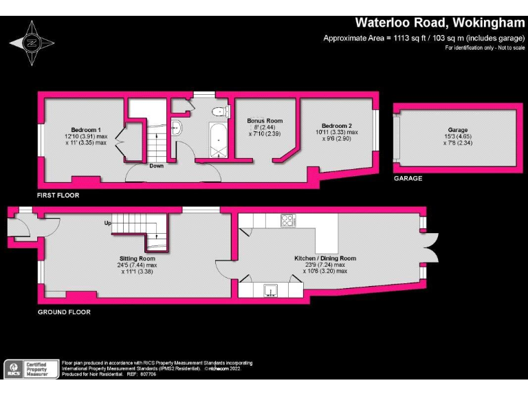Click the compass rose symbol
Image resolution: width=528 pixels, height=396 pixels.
click(x=31, y=42)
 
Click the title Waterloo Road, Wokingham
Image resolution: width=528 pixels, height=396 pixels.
click(x=439, y=23)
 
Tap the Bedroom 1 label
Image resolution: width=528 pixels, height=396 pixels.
click(x=87, y=130)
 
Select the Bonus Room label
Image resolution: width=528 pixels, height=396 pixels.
click(x=265, y=121)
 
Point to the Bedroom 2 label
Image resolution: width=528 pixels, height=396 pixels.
click(x=337, y=126)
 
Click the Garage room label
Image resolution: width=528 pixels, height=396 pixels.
click(x=458, y=130)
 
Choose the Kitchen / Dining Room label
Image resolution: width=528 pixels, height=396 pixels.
click(x=325, y=258)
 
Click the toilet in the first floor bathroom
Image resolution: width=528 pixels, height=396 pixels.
click(x=219, y=111)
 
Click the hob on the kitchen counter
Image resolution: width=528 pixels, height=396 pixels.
click(x=287, y=221)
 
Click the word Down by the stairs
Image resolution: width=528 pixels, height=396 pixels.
click(x=156, y=166)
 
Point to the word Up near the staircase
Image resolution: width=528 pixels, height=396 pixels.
click(x=107, y=223)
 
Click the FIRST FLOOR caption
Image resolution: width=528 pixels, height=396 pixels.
click(x=58, y=195)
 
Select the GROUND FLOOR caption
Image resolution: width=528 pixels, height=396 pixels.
click(x=63, y=312)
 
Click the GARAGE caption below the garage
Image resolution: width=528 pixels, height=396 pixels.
click(x=408, y=178)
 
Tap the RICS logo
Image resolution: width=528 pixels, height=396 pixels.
click(x=13, y=369)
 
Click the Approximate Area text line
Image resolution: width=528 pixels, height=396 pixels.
click(x=423, y=38)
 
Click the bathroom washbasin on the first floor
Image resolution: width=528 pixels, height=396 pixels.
click(x=175, y=126)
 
